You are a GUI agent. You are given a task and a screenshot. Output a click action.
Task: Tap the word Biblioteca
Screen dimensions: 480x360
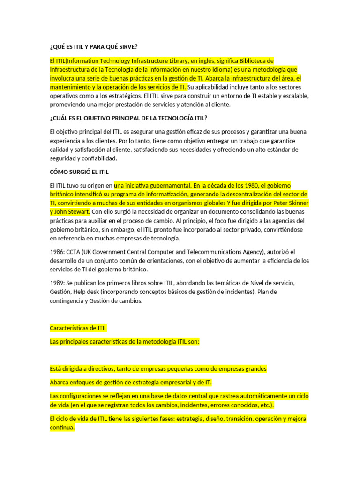257,60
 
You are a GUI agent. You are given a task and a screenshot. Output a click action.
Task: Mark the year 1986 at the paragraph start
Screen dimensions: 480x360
56,252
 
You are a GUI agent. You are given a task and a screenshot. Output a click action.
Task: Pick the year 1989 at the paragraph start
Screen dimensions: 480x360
56,283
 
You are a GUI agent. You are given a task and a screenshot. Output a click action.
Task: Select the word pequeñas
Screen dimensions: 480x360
173,368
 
